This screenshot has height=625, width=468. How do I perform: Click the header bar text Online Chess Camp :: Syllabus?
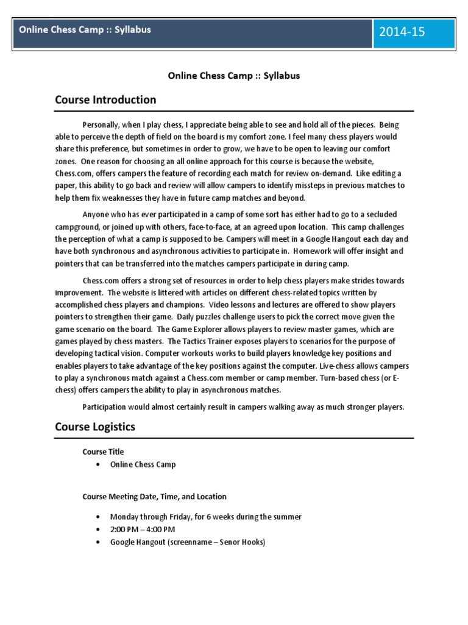85,29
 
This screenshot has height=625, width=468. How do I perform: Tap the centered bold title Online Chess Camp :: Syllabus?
234,76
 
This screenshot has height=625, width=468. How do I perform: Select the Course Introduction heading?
105,99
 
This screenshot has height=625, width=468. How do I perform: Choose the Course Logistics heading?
95,427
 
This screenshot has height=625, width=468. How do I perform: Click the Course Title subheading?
103,452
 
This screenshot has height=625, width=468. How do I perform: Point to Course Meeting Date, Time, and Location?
154,497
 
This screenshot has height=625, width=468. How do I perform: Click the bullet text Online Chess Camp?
143,464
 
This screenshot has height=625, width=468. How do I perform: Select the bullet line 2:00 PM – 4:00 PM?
143,529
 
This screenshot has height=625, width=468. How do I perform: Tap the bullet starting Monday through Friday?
205,517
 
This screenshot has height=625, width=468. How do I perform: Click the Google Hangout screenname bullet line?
187,542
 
